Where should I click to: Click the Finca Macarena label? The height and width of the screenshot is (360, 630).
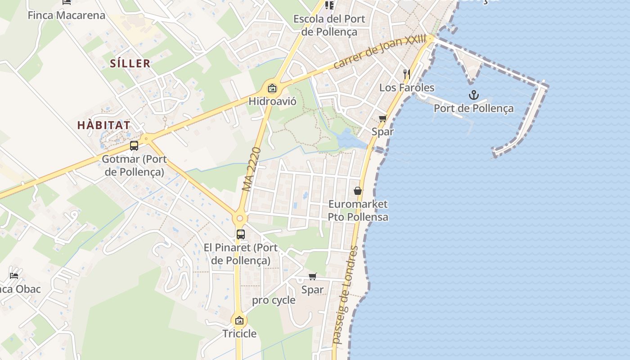(x=67, y=15)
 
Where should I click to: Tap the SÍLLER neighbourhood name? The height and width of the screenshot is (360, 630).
(x=130, y=63)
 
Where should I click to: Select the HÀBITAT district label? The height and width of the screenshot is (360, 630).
(x=104, y=125)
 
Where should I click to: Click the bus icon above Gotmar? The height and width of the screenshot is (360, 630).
(x=134, y=146)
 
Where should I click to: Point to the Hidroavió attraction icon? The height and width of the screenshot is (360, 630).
(x=272, y=88)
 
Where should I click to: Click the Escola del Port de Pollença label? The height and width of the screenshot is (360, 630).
(x=329, y=25)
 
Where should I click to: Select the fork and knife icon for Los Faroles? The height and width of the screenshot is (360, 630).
(x=407, y=74)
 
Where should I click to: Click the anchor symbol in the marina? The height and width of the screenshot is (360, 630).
(x=473, y=95)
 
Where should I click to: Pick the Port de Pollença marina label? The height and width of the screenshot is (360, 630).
(x=473, y=108)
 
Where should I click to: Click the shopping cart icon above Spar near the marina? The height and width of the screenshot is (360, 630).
(x=382, y=118)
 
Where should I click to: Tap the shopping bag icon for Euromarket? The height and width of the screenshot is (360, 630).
(x=358, y=191)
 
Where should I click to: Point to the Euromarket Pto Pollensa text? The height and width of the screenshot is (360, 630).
(x=358, y=211)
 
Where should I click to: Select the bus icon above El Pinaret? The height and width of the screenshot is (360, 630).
(x=241, y=234)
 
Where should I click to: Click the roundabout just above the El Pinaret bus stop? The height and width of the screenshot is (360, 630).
(x=240, y=219)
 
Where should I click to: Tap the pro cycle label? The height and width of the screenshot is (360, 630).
(x=274, y=300)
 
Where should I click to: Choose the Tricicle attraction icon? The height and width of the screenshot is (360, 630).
(x=239, y=320)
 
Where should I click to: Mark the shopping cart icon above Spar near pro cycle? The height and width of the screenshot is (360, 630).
(x=313, y=276)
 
